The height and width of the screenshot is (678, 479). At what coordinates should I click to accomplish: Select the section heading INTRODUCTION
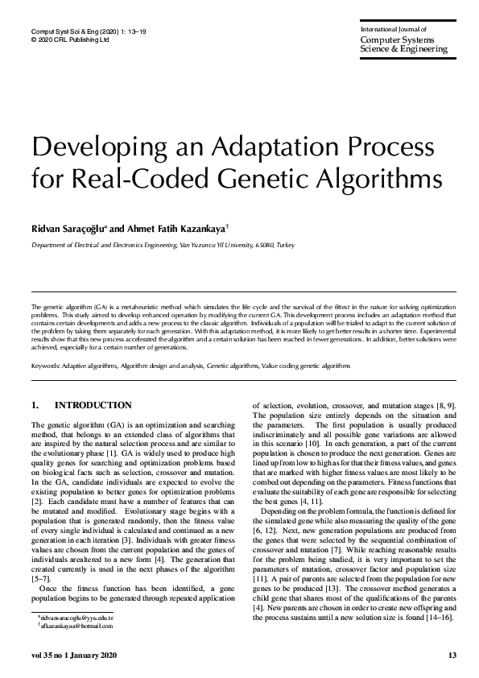coord(93,405)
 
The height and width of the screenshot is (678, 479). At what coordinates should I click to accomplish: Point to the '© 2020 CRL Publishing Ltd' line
coord(69,38)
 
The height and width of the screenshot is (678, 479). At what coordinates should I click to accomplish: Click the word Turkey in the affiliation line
coord(286,244)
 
